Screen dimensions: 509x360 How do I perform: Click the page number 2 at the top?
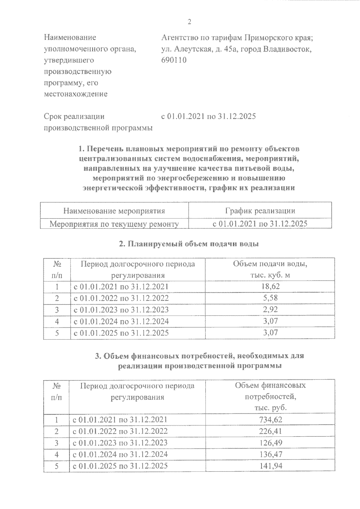coord(189,22)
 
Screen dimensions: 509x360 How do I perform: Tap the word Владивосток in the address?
coord(287,49)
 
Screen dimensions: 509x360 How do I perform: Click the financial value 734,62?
coord(270,420)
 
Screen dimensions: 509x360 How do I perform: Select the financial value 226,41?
coord(270,431)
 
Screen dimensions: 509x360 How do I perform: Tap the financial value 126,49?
coord(270,443)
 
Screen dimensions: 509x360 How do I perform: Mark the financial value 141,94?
coord(270,466)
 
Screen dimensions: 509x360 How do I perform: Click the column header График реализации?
coord(260,211)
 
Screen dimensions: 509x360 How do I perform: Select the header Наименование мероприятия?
coord(114,211)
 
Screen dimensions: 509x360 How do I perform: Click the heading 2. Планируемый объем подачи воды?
coord(189,244)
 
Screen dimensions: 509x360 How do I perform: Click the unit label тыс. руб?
coord(270,408)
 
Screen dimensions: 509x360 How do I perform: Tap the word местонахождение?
coord(76,94)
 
